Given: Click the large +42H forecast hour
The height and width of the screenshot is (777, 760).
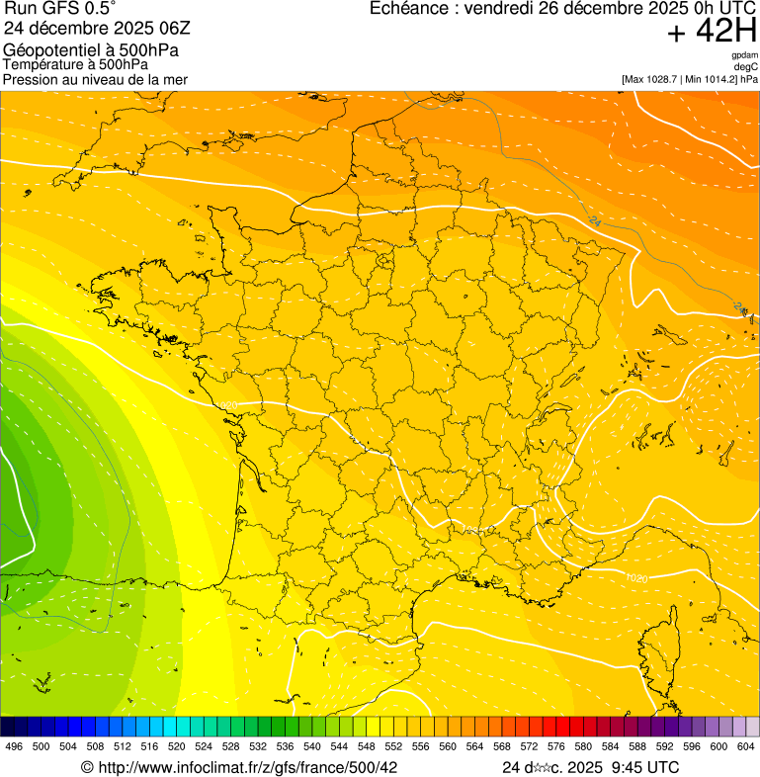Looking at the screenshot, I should (712, 33).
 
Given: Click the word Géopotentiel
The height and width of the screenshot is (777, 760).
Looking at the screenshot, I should (50, 49).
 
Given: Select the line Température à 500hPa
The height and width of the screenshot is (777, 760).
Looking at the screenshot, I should (75, 64).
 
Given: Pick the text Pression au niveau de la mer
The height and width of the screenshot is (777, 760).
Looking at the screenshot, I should (95, 79).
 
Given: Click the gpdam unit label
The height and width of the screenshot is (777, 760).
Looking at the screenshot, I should (744, 55).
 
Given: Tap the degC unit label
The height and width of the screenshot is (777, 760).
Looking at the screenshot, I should (746, 67).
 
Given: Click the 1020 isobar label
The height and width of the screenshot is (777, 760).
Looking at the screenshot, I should (636, 577).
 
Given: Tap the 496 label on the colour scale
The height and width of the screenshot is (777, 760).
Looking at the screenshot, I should (14, 746).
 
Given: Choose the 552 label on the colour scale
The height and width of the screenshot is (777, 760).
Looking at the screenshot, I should (393, 746).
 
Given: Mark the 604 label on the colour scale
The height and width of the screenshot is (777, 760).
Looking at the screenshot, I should (746, 746).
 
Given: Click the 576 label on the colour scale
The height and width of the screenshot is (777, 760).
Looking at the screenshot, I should (556, 746).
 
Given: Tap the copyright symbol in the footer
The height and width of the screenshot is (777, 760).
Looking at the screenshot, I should (87, 767).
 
